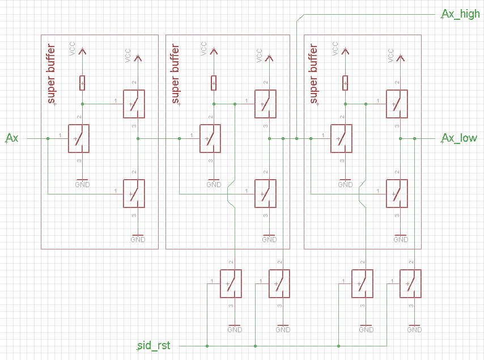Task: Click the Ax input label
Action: click(x=12, y=138)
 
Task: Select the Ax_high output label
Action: click(x=460, y=14)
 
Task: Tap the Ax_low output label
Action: click(x=459, y=138)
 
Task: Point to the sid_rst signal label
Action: click(x=154, y=345)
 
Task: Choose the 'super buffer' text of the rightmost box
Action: click(x=314, y=74)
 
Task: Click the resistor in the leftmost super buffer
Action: click(x=83, y=83)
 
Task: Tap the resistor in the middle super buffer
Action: click(x=214, y=83)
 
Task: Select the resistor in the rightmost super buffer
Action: click(x=345, y=83)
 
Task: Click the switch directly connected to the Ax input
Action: click(x=79, y=138)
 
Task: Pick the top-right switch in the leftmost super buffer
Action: click(x=134, y=104)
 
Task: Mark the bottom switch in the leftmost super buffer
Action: click(x=134, y=193)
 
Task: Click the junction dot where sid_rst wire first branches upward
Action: click(x=207, y=345)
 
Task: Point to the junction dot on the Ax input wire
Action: click(x=48, y=138)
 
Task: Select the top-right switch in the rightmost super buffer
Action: click(x=397, y=104)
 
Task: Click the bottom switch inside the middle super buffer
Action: click(x=265, y=193)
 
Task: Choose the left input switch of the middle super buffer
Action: click(x=210, y=138)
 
